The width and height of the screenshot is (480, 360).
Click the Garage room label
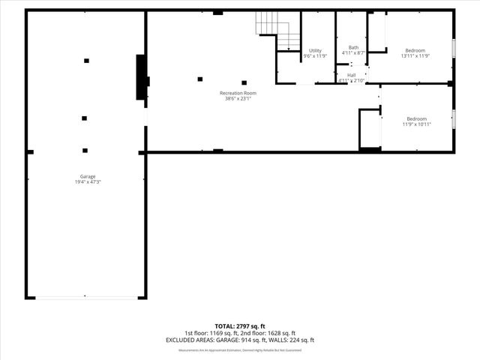pos(88,176)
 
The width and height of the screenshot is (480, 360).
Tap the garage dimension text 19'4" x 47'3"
pos(88,181)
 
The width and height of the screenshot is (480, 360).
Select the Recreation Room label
pos(238,93)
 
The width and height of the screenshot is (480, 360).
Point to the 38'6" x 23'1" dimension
pos(238,98)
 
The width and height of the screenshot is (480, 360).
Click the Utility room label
pos(315,50)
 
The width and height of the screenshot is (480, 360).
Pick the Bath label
pos(353,47)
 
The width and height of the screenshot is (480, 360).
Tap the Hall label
pos(352,75)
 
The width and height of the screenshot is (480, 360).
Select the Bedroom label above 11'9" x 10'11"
pos(417,118)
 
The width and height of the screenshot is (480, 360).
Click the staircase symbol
pos(274,31)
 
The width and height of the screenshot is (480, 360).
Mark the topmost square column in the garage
pos(86,60)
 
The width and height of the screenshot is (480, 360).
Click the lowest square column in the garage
pos(85,150)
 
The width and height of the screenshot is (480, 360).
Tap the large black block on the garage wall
pos(140,76)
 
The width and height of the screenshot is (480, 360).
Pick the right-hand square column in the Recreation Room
pos(244,82)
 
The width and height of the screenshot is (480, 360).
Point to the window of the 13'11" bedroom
pos(454,46)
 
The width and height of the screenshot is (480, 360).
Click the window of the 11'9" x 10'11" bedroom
pos(454,118)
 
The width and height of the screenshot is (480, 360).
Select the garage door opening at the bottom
pos(86,298)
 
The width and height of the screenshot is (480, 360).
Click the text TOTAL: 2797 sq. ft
pos(240,327)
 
